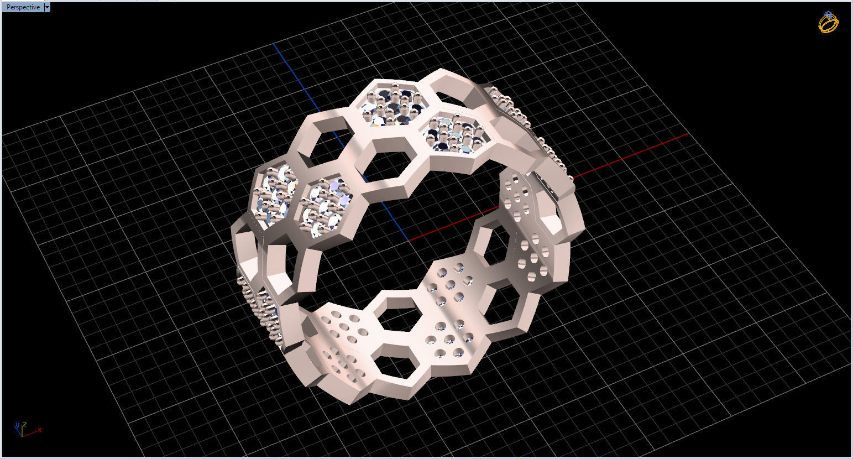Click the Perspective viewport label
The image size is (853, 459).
tap(23, 7)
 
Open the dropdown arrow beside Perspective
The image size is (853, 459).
tap(46, 7)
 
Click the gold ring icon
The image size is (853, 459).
tap(828, 23)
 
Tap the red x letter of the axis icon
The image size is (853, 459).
tap(40, 429)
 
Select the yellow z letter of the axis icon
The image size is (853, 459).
tap(25, 424)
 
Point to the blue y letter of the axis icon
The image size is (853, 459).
tap(18, 425)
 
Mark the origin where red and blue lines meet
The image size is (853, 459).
tap(409, 241)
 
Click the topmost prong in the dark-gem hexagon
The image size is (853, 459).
tap(395, 86)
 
